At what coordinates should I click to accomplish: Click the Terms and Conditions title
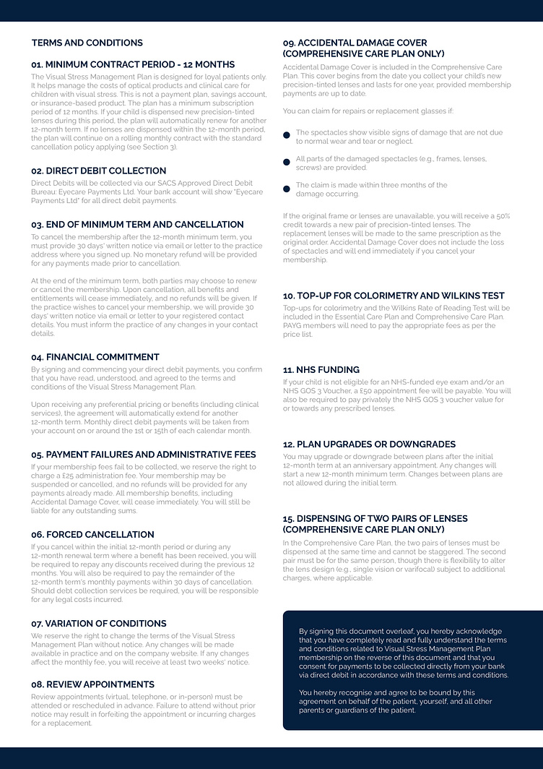coord(87,43)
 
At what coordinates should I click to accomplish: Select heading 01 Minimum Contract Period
coord(133,64)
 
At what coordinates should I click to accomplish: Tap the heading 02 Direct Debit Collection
coord(98,171)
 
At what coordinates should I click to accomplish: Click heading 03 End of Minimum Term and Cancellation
coord(137,225)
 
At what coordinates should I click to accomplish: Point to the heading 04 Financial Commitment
coord(95,357)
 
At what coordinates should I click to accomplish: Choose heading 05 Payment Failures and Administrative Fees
coord(143,455)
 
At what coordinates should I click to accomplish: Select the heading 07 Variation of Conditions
coord(99,623)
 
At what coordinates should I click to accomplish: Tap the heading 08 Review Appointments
coord(92,684)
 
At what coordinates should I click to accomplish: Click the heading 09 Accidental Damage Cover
coord(363,48)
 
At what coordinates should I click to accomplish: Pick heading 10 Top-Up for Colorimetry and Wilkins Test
coord(394,296)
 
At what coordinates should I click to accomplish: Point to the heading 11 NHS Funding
coord(321,369)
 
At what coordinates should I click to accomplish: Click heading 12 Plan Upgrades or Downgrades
coord(369,444)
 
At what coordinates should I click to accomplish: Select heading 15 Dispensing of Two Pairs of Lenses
coord(375,524)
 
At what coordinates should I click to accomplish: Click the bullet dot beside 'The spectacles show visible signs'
coord(287,134)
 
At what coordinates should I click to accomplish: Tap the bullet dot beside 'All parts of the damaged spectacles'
coord(287,160)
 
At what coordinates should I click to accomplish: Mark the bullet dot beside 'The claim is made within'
coord(287,189)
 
